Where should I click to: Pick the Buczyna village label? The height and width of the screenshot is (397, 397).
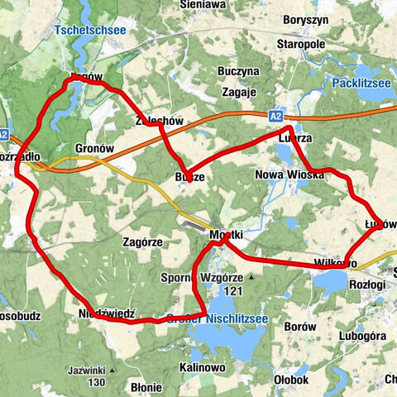(240, 71)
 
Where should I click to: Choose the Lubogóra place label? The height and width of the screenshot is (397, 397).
(362, 337)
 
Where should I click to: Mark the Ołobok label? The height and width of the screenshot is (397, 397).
(290, 380)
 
